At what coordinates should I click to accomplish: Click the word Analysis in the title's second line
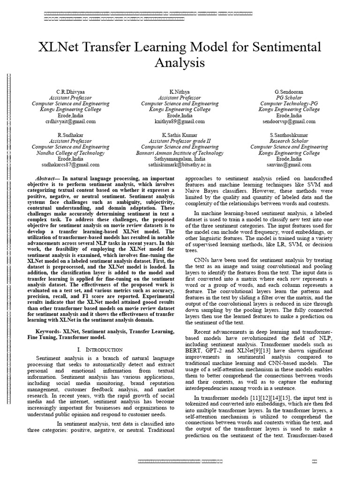[180, 62]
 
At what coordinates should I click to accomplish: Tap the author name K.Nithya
[180, 91]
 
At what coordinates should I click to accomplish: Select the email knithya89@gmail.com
[180, 121]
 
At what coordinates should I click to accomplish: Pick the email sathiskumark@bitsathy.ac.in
[180, 165]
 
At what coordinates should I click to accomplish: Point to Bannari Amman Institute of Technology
[180, 153]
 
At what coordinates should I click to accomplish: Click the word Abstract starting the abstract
[46, 179]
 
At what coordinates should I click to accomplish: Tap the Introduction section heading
[102, 350]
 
